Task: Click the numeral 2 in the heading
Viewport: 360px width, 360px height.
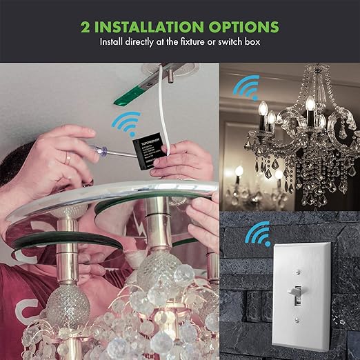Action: pos(86,28)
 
